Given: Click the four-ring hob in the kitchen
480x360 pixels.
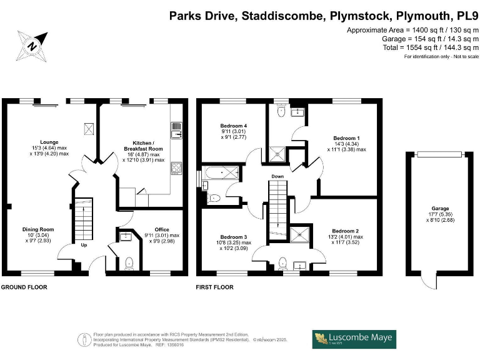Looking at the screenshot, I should point(177,167).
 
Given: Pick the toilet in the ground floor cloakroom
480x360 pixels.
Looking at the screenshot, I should point(129,262).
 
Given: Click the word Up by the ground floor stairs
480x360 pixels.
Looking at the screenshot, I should point(84,245).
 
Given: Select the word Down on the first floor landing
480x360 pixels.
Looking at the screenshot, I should point(277,177).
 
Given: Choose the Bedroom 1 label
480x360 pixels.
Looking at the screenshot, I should point(346,142).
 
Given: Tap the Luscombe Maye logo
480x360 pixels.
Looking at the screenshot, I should point(354,339).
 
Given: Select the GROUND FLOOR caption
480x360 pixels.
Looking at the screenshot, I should point(24,287).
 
